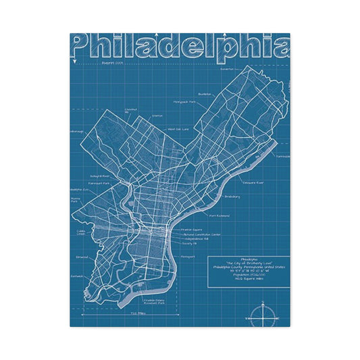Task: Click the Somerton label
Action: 226,68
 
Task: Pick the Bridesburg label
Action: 232,197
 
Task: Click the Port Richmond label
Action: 220,216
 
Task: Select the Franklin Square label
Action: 192,230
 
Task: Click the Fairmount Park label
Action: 98,183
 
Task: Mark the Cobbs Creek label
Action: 81,232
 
